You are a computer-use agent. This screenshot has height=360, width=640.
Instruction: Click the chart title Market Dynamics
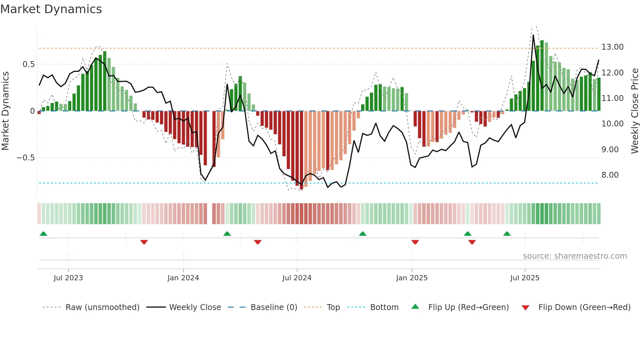click(x=51, y=9)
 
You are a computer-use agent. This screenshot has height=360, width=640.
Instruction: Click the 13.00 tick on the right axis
click(x=612, y=47)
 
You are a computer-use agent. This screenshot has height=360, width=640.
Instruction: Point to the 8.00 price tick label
click(x=610, y=175)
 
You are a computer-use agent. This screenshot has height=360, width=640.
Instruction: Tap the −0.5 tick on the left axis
click(x=25, y=158)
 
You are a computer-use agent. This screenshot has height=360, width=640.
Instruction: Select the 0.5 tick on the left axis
click(x=28, y=64)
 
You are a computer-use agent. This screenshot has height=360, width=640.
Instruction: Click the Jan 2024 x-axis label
click(x=183, y=278)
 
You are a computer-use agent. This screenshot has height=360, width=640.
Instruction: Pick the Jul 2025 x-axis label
click(x=525, y=278)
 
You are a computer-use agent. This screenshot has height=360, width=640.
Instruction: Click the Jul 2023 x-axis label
click(x=68, y=278)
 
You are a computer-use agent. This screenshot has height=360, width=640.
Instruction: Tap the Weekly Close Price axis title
click(x=634, y=111)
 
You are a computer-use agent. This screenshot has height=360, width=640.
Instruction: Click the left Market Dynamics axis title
click(x=5, y=111)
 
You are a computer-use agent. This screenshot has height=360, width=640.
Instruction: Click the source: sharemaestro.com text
click(x=575, y=256)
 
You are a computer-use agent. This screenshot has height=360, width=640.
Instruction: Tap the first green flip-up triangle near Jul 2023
click(x=43, y=234)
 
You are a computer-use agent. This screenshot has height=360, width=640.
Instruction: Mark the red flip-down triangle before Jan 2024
click(x=144, y=242)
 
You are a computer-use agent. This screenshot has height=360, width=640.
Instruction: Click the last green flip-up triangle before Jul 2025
click(x=507, y=234)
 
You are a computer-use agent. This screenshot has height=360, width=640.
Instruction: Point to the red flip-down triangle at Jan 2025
click(x=415, y=242)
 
